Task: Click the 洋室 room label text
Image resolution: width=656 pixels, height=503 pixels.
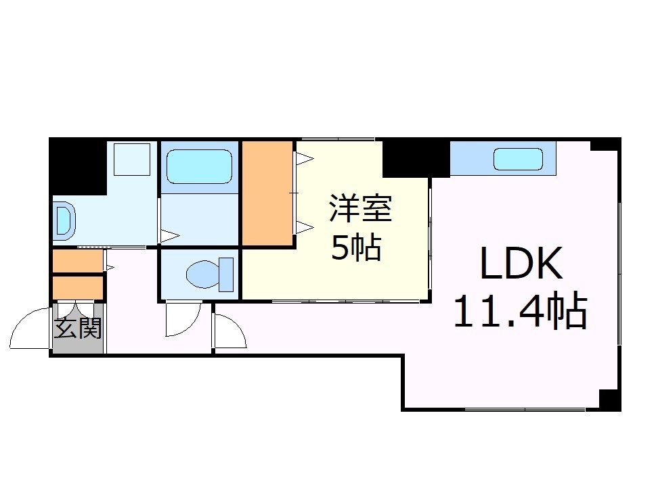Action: (x=360, y=208)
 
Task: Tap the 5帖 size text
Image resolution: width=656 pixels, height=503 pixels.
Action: (x=355, y=248)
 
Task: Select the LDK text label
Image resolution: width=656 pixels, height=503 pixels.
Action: (x=521, y=264)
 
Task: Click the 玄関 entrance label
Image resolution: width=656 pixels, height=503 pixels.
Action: (x=78, y=329)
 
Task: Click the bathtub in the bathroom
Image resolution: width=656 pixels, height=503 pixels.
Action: (x=200, y=166)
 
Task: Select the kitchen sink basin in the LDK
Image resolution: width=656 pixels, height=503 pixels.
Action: (x=518, y=160)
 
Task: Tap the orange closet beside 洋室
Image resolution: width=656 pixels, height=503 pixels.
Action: (x=267, y=193)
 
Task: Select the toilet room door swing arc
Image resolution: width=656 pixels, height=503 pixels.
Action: (x=183, y=319)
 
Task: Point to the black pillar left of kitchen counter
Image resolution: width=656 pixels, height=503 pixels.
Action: (x=414, y=157)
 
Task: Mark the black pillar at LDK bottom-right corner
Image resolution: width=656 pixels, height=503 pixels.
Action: (x=610, y=400)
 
